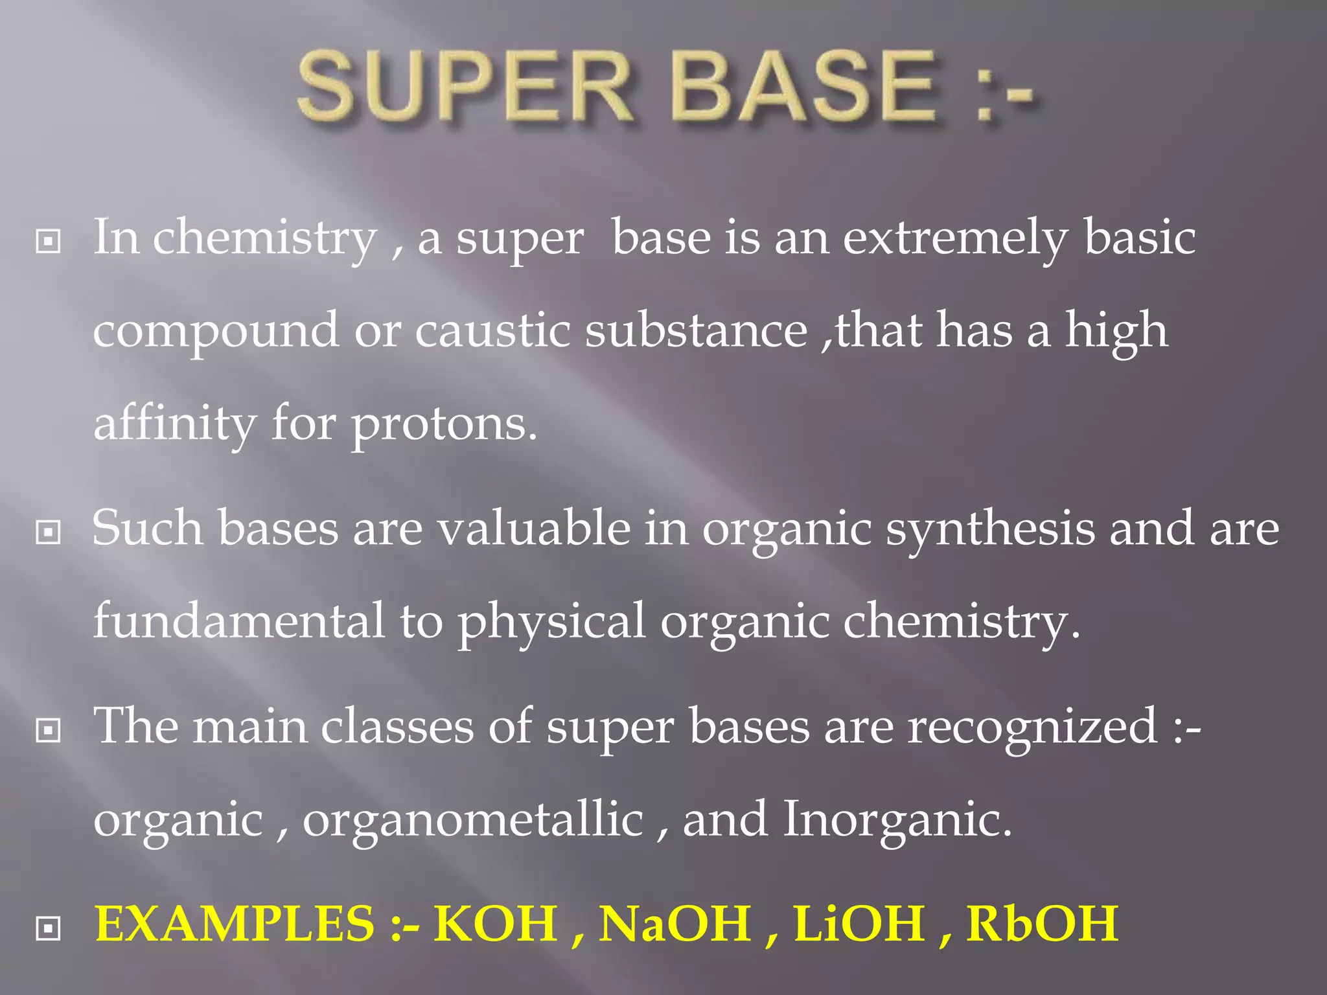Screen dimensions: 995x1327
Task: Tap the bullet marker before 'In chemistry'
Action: tap(49, 242)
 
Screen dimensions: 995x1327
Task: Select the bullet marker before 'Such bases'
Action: tap(49, 532)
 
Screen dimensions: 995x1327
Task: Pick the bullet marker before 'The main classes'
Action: tap(49, 731)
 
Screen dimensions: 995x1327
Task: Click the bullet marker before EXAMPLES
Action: tap(49, 928)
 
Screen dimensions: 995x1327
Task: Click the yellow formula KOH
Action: tap(495, 923)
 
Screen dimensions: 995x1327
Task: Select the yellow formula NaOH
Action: tap(675, 923)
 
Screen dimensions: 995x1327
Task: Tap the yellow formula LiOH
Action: tap(859, 923)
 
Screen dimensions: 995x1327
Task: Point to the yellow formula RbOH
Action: tap(1042, 923)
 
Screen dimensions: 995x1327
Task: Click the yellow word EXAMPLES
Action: tap(235, 923)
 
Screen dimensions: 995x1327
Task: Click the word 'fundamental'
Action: tap(238, 621)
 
